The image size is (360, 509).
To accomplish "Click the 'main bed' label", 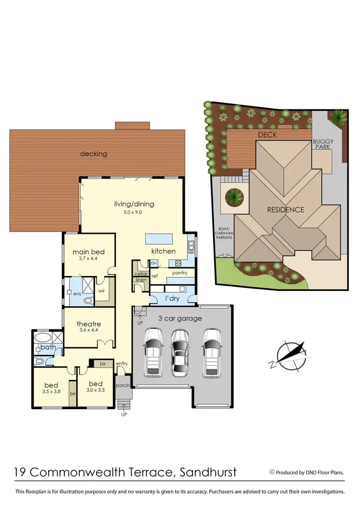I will (88, 252).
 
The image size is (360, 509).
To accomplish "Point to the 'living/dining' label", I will (133, 204).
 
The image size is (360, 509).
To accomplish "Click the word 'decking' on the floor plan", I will (94, 154).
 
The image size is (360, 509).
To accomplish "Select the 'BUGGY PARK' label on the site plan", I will (321, 144).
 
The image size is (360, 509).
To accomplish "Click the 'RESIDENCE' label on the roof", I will (286, 209).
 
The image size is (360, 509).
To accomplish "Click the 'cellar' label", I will (141, 273).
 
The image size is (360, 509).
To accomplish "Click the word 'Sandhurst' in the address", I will (208, 472).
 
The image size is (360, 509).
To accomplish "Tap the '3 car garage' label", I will (180, 318).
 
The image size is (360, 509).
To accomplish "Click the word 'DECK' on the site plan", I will (267, 135).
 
